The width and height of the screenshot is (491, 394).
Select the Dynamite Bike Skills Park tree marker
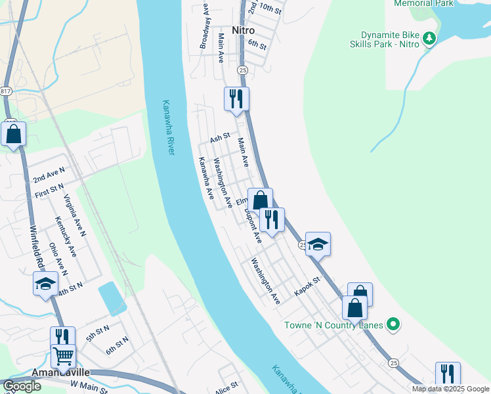pyautogui.click(x=429, y=39)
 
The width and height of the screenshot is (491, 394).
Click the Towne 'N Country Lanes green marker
pyautogui.click(x=393, y=324)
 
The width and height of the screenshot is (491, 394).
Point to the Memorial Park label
pyautogui.click(x=424, y=3)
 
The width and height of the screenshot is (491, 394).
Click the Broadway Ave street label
pyautogui.click(x=204, y=26)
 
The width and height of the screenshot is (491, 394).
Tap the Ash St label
pyautogui.click(x=219, y=138)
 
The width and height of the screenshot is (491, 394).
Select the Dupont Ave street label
pyautogui.click(x=253, y=227)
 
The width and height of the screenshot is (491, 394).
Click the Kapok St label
pyautogui.click(x=307, y=286)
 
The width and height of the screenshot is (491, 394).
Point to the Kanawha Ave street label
pyautogui.click(x=206, y=178)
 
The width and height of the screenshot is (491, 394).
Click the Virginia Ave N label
pyautogui.click(x=75, y=215)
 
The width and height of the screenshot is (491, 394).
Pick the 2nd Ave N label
pyautogui.click(x=49, y=175)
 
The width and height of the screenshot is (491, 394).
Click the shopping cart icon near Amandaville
pyautogui.click(x=63, y=356)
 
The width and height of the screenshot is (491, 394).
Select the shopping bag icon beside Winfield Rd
pyautogui.click(x=13, y=134)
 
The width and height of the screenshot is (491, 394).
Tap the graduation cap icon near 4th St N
pyautogui.click(x=45, y=283)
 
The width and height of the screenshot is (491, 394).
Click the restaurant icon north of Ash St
pyautogui.click(x=236, y=98)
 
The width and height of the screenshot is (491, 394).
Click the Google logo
pyautogui.click(x=22, y=386)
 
